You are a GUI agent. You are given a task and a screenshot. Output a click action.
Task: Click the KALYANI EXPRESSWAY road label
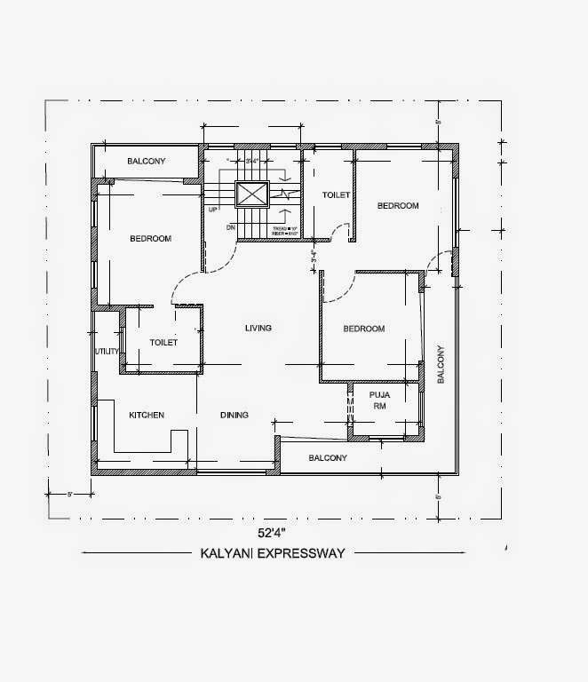click(x=274, y=552)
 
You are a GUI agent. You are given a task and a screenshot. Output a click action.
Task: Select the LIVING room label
click(x=258, y=329)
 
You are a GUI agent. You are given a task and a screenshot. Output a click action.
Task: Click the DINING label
click(x=234, y=415)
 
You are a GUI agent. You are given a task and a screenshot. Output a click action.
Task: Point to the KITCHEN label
click(x=147, y=415)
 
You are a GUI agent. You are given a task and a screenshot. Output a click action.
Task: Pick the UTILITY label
click(x=107, y=352)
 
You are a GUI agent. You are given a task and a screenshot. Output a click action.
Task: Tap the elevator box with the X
click(x=251, y=194)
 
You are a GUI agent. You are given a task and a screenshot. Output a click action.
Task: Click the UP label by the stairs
click(x=213, y=210)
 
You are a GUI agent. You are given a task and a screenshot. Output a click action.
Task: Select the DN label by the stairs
click(x=230, y=227)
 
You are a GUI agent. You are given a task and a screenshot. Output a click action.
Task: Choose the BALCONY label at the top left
click(x=147, y=162)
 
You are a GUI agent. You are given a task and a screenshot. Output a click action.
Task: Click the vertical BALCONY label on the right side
click(x=440, y=364)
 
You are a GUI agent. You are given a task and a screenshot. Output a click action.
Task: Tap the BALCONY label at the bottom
click(x=328, y=458)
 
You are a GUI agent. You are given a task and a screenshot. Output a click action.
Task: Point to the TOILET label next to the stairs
click(x=336, y=194)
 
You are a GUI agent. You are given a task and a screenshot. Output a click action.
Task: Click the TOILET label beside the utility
click(x=164, y=342)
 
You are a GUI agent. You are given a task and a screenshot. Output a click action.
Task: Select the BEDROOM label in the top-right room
click(x=398, y=206)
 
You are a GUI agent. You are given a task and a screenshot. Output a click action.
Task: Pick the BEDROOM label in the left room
click(x=150, y=238)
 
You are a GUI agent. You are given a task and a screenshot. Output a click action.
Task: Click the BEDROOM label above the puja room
click(x=364, y=329)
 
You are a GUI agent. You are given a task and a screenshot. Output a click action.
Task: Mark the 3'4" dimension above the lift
click(x=253, y=161)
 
